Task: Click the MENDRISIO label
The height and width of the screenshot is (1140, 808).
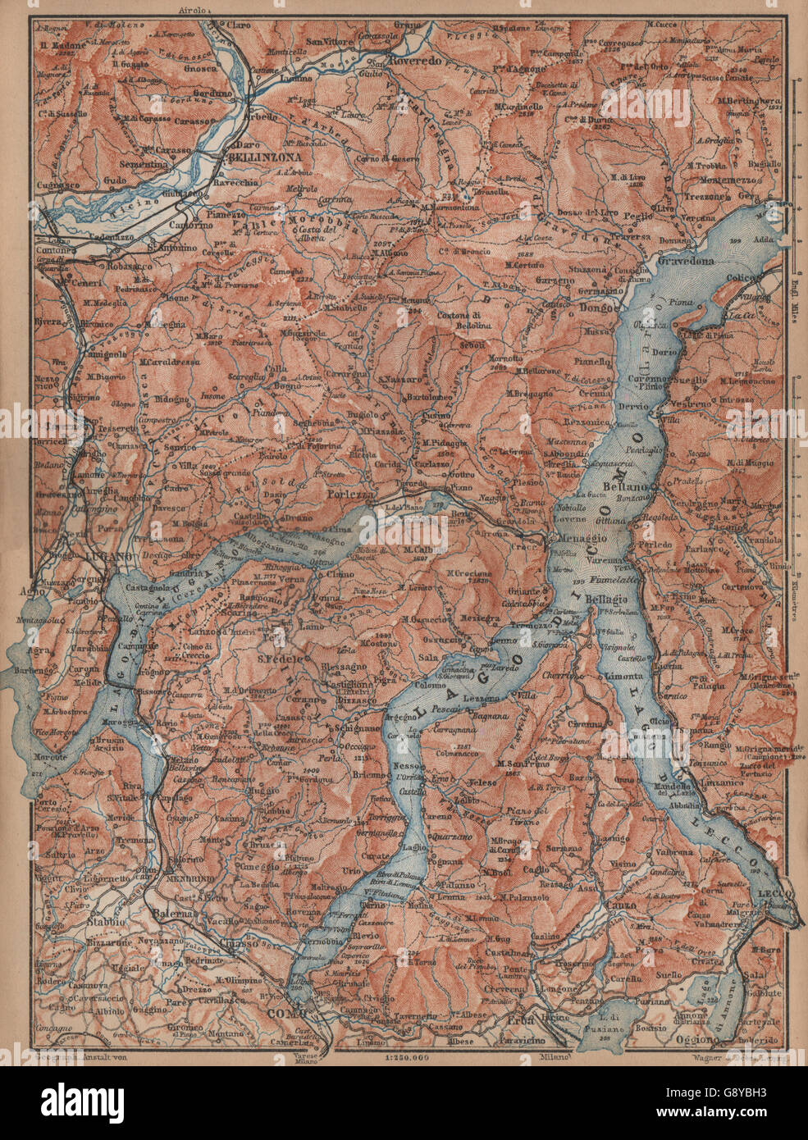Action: pyautogui.click(x=189, y=875)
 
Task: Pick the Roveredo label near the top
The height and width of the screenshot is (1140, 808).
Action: pyautogui.click(x=415, y=61)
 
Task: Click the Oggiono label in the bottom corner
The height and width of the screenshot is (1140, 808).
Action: pyautogui.click(x=706, y=1039)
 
